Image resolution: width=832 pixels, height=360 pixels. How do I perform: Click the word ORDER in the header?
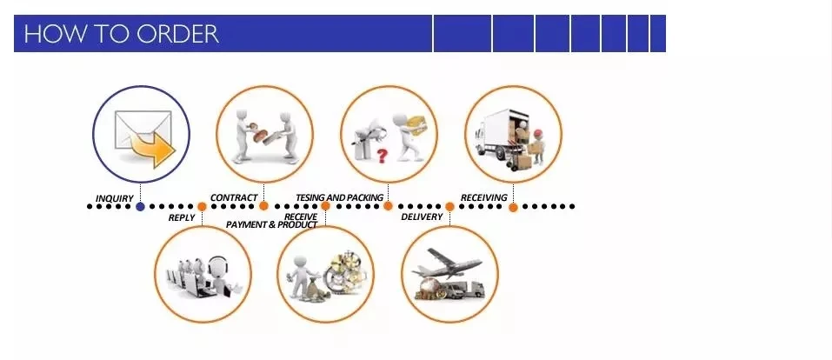click(177, 33)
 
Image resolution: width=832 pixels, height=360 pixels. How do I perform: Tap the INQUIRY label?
click(114, 198)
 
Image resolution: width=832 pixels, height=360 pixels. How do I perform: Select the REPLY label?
click(182, 217)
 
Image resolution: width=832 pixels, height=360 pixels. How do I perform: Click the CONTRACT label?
click(234, 197)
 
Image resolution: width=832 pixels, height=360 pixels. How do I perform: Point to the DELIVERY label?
click(422, 217)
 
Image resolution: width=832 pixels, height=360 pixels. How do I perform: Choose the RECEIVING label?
click(484, 197)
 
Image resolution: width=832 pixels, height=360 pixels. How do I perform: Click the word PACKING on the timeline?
click(365, 197)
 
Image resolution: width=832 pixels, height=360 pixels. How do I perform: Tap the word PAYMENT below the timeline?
click(247, 224)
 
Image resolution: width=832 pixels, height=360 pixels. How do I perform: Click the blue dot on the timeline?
click(140, 207)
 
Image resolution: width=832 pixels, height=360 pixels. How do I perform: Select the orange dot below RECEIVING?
click(513, 207)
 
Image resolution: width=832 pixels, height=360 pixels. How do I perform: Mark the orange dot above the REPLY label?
click(202, 207)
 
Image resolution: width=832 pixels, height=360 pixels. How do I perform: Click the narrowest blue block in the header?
click(658, 33)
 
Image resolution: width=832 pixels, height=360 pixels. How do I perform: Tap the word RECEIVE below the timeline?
click(301, 217)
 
